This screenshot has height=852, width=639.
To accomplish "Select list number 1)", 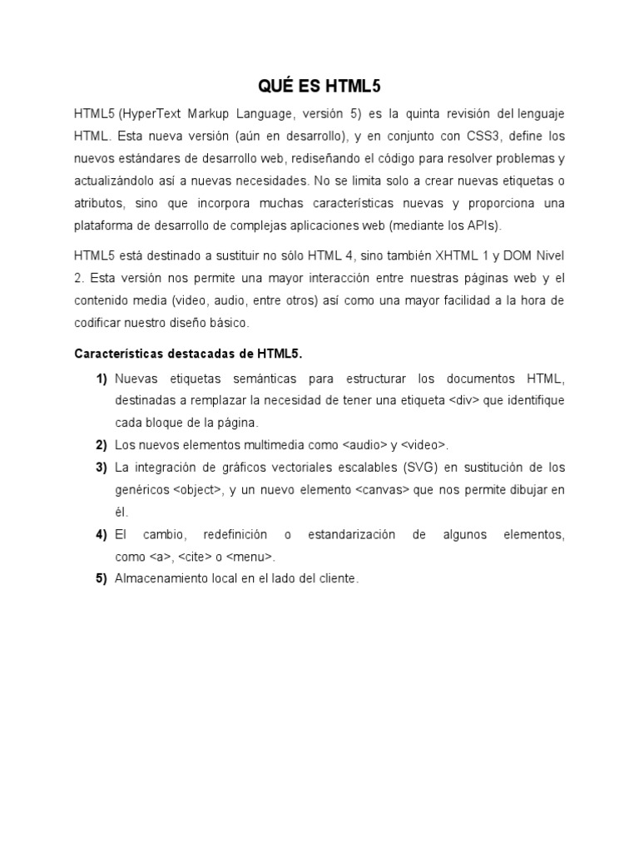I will tap(102, 379).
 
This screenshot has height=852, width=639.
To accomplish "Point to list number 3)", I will tap(102, 468).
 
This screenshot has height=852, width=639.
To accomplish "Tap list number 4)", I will tap(102, 534).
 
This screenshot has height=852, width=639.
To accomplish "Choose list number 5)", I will tap(102, 579).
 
